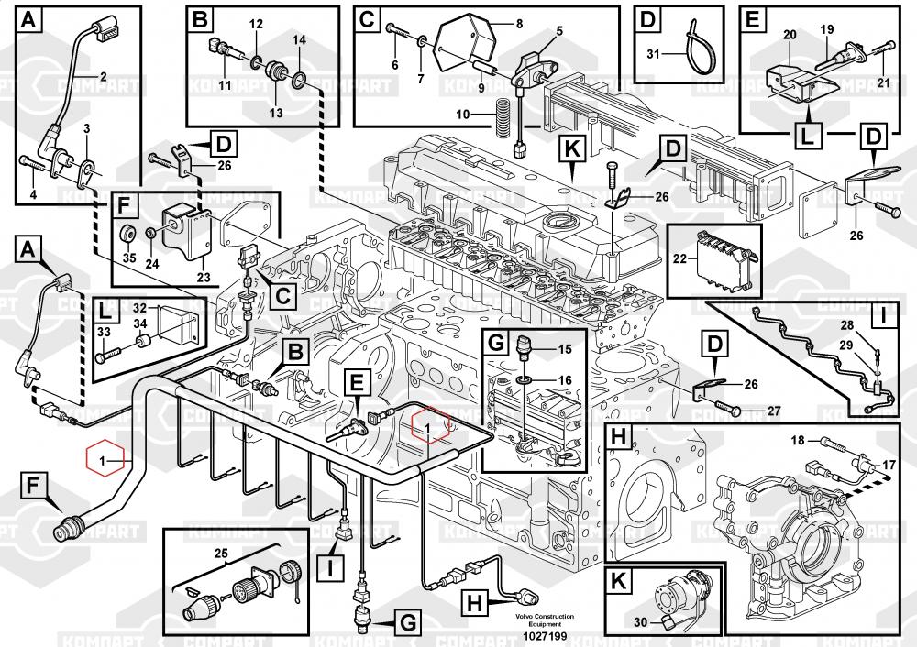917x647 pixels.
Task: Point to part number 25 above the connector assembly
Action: (220, 553)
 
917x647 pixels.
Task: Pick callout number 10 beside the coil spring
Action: (463, 115)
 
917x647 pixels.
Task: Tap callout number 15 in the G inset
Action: (564, 348)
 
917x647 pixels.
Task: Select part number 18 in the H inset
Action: (798, 441)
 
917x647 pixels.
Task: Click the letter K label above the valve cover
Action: (572, 148)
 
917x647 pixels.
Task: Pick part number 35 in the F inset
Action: (129, 258)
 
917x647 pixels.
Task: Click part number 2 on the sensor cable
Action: (103, 77)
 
